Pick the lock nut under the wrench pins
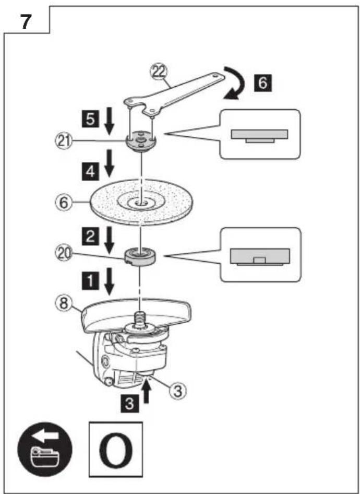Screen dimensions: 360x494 tap(141, 143)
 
